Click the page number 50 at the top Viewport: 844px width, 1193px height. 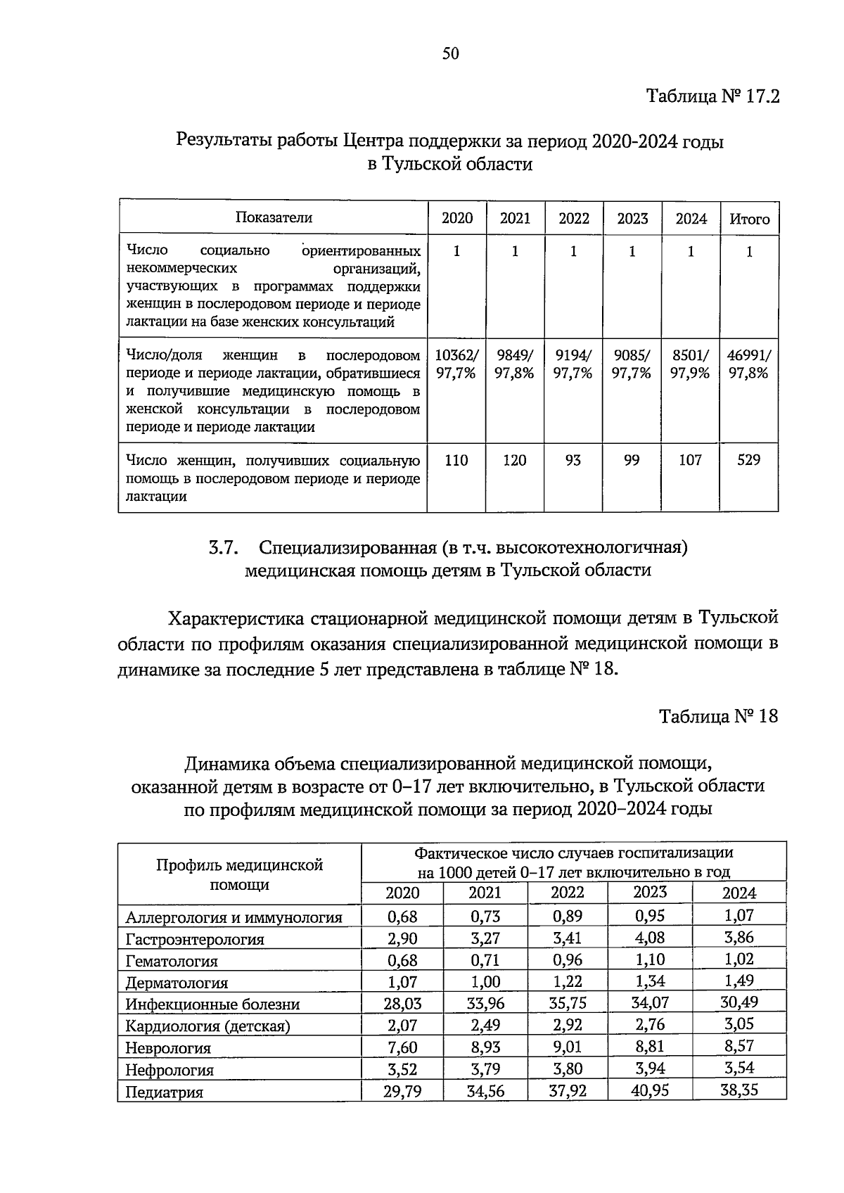click(451, 53)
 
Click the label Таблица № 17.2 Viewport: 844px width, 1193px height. click(713, 96)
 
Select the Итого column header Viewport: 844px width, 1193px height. click(749, 219)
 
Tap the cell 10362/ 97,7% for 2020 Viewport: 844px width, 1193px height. click(456, 364)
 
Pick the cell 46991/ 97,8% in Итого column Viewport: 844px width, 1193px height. click(749, 364)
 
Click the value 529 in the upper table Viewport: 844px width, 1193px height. click(749, 461)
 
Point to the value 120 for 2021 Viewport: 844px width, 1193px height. click(515, 461)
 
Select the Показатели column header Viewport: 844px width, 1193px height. click(274, 218)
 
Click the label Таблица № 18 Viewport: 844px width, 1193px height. click(718, 717)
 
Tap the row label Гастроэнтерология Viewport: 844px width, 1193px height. click(195, 940)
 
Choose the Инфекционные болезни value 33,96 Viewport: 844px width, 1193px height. click(485, 1004)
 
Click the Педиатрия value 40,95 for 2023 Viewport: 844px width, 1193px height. click(650, 1091)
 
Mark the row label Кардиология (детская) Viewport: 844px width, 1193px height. click(208, 1026)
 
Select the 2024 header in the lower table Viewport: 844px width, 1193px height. click(738, 893)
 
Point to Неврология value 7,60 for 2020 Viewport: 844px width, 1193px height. click(402, 1047)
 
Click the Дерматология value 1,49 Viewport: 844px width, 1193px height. click(738, 981)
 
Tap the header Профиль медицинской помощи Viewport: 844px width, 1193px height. click(239, 874)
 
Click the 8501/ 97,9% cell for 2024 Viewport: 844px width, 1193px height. click(690, 364)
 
